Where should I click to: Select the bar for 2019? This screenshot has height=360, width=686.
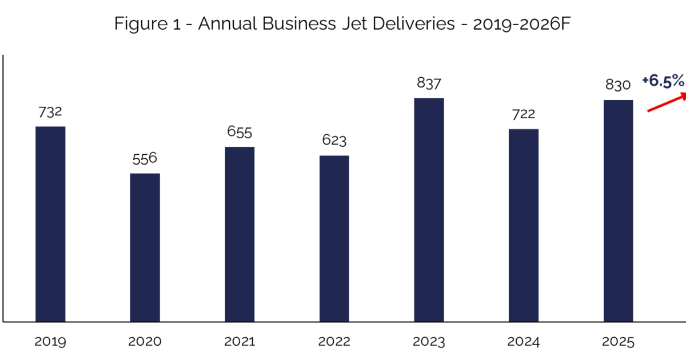(x=50, y=224)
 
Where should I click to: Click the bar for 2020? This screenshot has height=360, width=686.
(x=145, y=247)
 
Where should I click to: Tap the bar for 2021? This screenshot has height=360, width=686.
(x=240, y=234)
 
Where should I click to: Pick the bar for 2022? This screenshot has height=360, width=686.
(x=334, y=238)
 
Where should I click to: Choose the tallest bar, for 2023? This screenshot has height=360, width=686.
(x=429, y=210)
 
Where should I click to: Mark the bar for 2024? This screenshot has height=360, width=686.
(x=523, y=225)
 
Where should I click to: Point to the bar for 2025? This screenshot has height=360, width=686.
(x=618, y=211)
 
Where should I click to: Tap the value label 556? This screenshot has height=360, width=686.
(x=145, y=159)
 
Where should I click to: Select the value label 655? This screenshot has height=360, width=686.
(x=240, y=133)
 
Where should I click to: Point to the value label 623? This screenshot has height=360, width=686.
(x=334, y=141)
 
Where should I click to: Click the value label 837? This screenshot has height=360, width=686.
(x=429, y=84)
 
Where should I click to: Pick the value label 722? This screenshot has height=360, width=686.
(x=523, y=114)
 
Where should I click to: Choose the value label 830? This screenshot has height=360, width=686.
(x=618, y=85)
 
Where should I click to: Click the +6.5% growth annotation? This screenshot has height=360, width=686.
(x=663, y=81)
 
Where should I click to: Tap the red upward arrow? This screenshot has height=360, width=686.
(x=667, y=103)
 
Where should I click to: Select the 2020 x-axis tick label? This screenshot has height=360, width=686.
(x=145, y=342)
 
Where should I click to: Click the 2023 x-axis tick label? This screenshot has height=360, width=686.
(x=429, y=342)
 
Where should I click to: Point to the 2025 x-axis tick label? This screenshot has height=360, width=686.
(x=618, y=342)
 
